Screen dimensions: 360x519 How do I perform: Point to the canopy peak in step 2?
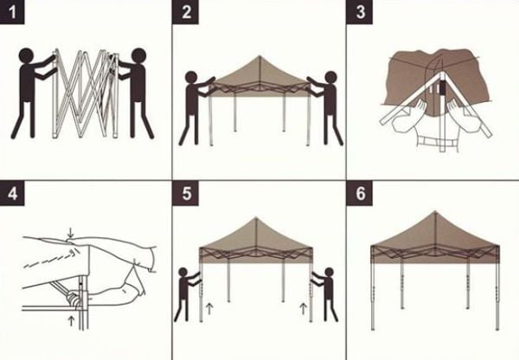(x=259, y=36)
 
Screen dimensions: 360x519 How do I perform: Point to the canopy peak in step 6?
(x=433, y=213)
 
